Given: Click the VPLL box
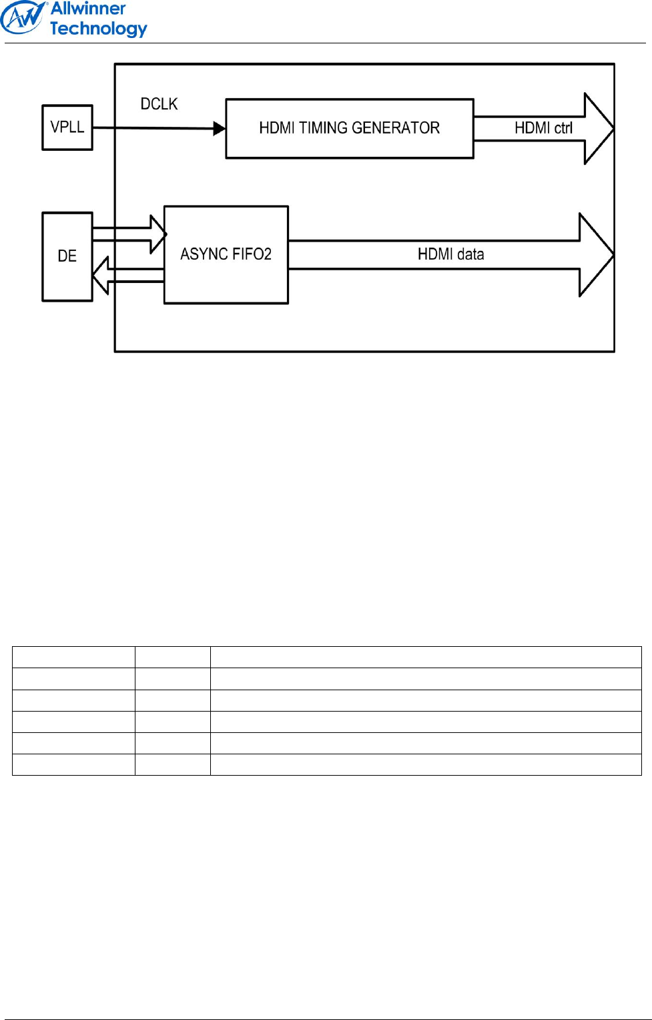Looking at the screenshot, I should pos(67,127).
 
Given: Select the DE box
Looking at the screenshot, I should pos(67,256).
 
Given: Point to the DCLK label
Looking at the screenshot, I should pos(159,104).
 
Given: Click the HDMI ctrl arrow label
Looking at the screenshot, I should pos(543,128).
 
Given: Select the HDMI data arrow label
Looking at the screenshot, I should pos(450,254).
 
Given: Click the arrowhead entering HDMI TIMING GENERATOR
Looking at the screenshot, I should pos(220,128).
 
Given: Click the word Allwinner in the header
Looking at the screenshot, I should pos(88,9).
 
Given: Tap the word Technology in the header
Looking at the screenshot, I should pos(98,29).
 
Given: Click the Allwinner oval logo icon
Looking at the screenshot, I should pos(23,17).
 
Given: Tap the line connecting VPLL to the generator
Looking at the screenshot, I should pos(153,127).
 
